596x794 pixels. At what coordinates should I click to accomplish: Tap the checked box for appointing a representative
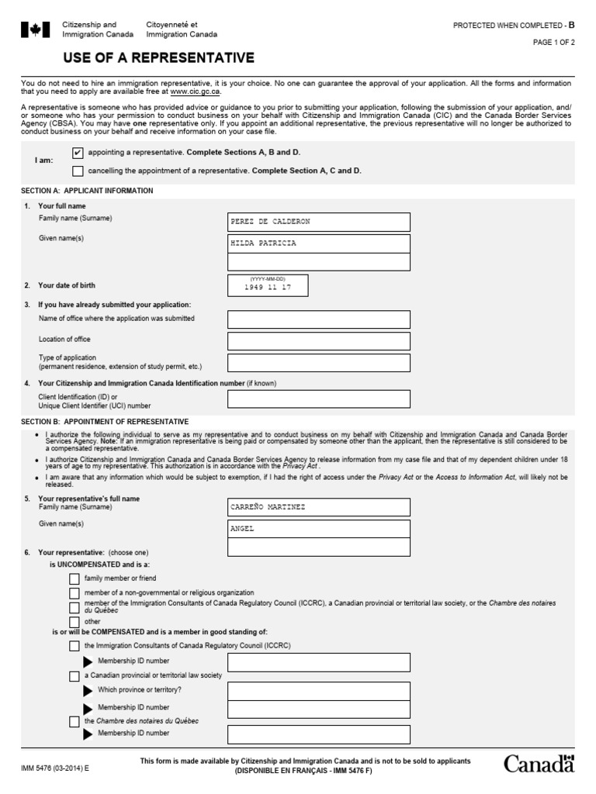tap(77, 153)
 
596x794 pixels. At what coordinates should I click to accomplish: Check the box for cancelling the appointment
tap(77, 171)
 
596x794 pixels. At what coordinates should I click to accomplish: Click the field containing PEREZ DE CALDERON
tap(318, 222)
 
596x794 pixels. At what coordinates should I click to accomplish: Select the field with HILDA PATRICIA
tap(318, 243)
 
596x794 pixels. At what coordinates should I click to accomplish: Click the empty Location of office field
tap(318, 340)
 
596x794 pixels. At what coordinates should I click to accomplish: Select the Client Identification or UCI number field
tap(318, 399)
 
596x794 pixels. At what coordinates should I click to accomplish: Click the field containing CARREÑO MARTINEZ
tap(318, 507)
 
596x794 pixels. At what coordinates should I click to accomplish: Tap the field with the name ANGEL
tap(318, 529)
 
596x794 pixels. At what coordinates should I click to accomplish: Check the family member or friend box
tap(74, 578)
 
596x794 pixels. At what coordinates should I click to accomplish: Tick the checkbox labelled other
tap(74, 622)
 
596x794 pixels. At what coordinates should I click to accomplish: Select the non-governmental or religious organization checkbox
tap(74, 593)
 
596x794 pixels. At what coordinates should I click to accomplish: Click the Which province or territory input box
tap(318, 689)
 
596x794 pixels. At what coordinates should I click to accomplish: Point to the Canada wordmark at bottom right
tap(539, 765)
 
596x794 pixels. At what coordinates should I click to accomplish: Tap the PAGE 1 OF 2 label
tap(553, 43)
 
